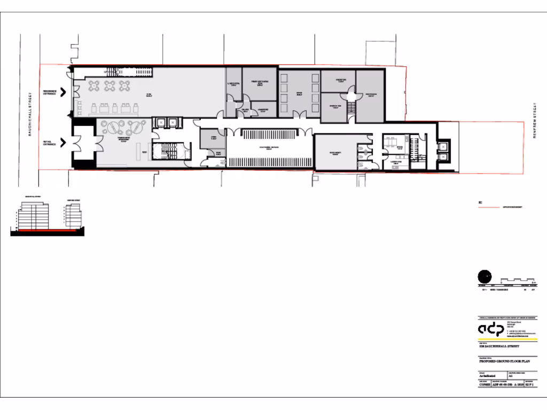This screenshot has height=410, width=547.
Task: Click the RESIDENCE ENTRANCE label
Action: tap(50, 92)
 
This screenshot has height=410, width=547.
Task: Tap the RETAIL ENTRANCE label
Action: tap(50, 143)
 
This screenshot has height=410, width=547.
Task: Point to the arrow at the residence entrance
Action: tap(63, 92)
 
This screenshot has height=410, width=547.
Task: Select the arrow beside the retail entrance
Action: tap(63, 143)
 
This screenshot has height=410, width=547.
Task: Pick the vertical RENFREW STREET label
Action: tap(534, 121)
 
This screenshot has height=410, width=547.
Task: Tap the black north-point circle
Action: tap(484, 277)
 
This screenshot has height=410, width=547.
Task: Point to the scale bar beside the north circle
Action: tap(518, 280)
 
